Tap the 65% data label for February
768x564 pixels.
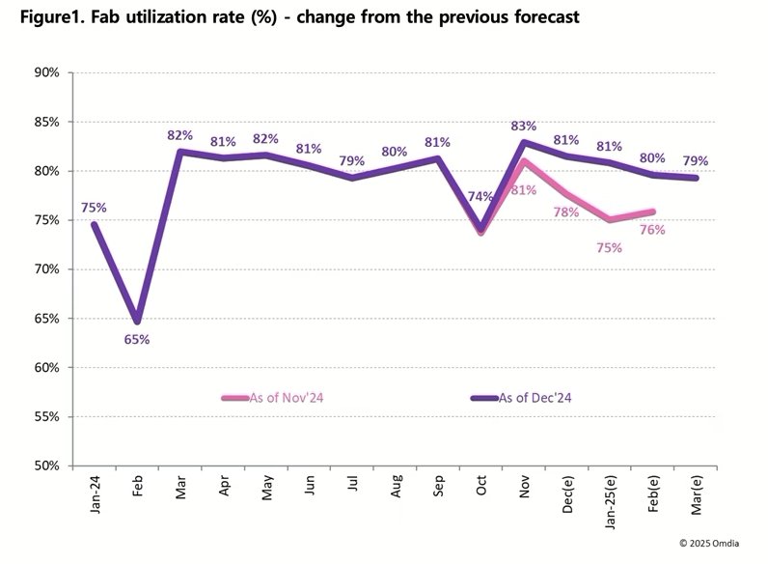click(x=136, y=339)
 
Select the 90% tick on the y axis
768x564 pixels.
click(x=46, y=72)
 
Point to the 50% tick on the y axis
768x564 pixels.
click(x=46, y=466)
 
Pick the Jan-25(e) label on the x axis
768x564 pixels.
click(x=609, y=506)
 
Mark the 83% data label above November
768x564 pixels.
click(x=525, y=126)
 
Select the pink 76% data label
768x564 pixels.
click(x=653, y=229)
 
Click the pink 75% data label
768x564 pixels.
click(x=609, y=247)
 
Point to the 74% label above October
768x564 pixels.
click(x=480, y=197)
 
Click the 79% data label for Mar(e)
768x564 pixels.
click(x=697, y=160)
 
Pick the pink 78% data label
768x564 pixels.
click(x=565, y=212)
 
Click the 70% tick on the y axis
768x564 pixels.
click(x=46, y=269)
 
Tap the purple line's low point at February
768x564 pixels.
click(x=138, y=322)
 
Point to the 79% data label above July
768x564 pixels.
click(x=351, y=160)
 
